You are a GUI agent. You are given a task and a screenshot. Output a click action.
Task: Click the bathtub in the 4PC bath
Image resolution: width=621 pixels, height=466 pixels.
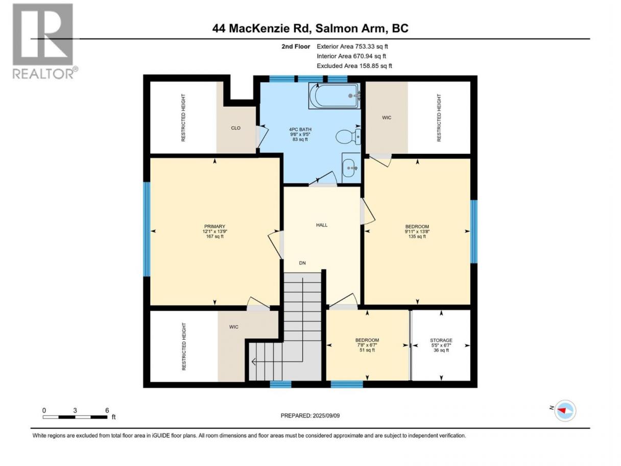pyautogui.click(x=334, y=96)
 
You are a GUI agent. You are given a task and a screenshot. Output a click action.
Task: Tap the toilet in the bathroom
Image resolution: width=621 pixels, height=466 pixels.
pyautogui.click(x=348, y=136)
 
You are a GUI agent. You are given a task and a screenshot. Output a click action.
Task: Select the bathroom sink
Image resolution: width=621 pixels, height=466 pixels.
pyautogui.click(x=351, y=168)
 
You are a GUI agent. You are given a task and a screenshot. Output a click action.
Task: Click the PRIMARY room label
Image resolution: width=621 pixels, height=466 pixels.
pyautogui.click(x=214, y=226)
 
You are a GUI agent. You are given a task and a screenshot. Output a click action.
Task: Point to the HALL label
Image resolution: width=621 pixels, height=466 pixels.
pyautogui.click(x=322, y=225)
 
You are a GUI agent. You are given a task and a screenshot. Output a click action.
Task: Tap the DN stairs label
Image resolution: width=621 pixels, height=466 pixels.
pyautogui.click(x=302, y=263)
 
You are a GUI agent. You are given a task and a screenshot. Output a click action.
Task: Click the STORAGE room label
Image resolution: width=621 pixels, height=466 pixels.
pyautogui.click(x=441, y=340)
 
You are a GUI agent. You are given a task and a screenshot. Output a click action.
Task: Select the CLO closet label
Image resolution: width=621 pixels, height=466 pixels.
pyautogui.click(x=235, y=128)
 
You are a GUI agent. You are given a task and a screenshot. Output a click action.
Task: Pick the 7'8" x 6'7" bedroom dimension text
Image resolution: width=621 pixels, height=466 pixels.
pyautogui.click(x=367, y=345)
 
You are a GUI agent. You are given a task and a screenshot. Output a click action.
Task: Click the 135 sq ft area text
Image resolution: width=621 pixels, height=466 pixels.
pyautogui.click(x=417, y=237)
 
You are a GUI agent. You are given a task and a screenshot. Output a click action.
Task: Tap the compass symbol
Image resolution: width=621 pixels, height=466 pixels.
pyautogui.click(x=565, y=410)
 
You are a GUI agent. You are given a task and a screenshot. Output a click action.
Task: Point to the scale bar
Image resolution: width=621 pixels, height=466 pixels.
pyautogui.click(x=75, y=417)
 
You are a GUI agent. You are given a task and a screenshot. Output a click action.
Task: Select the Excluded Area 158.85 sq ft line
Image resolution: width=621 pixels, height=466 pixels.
pyautogui.click(x=354, y=66)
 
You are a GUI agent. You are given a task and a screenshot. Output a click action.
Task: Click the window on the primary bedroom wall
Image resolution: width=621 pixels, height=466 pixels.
pyautogui.click(x=147, y=229)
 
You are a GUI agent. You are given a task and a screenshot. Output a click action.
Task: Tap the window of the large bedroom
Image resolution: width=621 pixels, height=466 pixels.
pyautogui.click(x=474, y=231)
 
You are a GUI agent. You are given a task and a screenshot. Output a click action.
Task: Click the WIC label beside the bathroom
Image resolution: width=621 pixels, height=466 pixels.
pyautogui.click(x=387, y=118)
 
